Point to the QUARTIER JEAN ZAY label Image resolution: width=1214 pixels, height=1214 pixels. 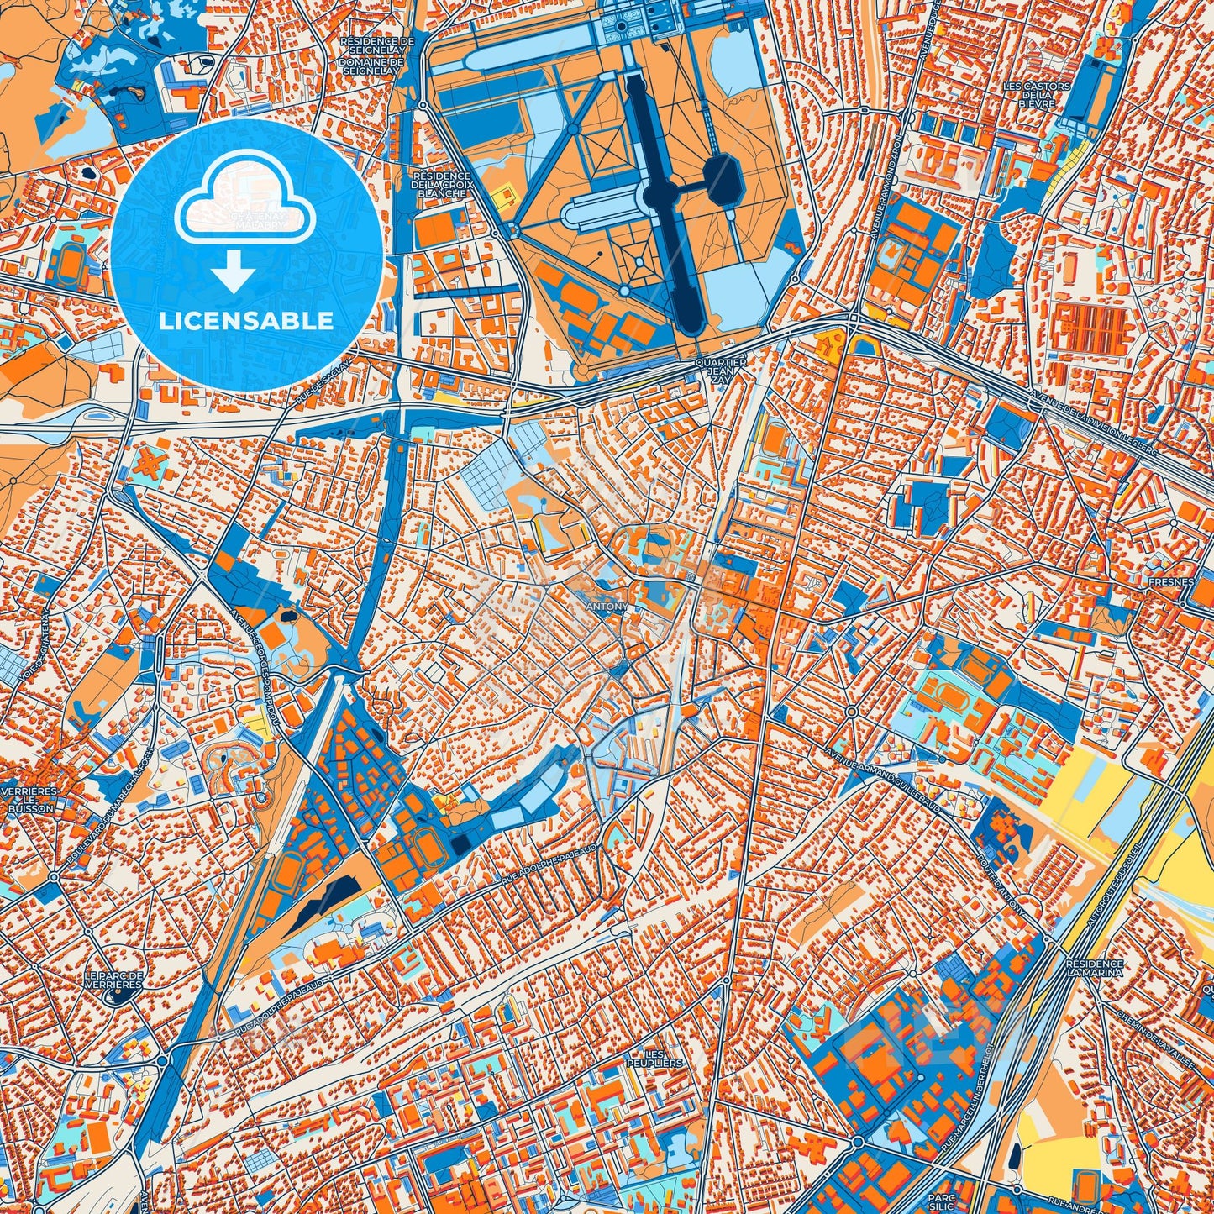[x=721, y=371]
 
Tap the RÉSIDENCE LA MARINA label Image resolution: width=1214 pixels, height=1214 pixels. [x=1093, y=970]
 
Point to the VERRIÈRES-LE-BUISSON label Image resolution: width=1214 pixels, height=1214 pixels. [x=31, y=801]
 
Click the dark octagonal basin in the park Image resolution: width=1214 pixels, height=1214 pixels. [x=722, y=178]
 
